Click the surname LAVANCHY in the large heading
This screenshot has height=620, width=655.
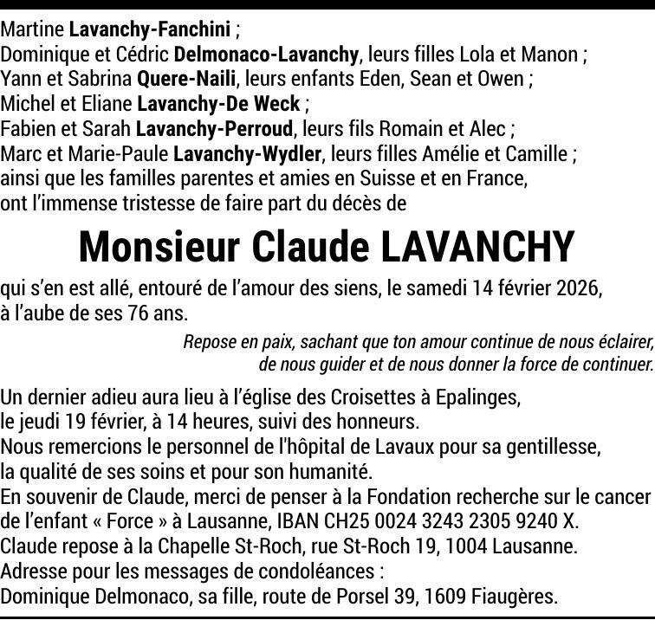477,248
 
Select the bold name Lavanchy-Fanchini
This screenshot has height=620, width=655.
149,30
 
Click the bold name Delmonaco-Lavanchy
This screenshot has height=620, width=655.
266,55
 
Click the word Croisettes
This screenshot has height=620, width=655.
373,398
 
